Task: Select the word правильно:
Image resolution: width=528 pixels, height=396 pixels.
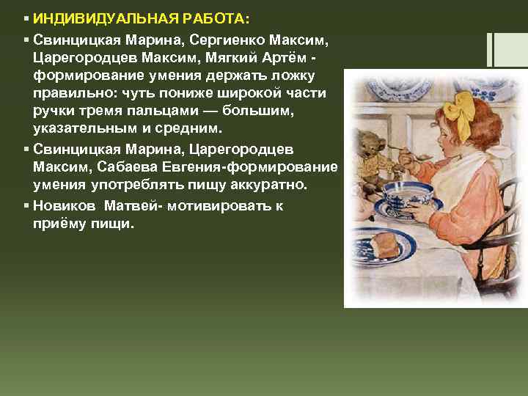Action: pyautogui.click(x=76, y=95)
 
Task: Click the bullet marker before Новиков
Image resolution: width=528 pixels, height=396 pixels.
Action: pyautogui.click(x=26, y=206)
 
